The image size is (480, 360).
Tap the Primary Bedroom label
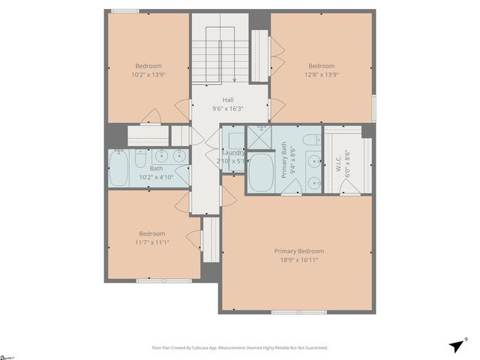point(298,251)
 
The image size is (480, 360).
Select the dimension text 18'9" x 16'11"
point(298,261)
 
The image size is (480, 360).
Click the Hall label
point(227,100)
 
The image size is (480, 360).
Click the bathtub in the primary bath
point(262,174)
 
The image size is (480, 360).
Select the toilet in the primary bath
point(313,140)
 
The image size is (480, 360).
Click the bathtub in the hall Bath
point(119,169)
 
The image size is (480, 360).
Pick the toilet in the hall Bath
point(140,158)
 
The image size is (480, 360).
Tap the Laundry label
point(233,152)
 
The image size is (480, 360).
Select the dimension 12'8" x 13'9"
point(321,75)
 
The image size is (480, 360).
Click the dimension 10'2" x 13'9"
point(148,75)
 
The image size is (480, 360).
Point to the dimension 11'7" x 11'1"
point(152,243)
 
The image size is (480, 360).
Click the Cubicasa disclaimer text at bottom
point(240,348)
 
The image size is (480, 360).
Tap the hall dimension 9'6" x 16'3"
point(227,109)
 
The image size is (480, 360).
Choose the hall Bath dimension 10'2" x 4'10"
point(157,177)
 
